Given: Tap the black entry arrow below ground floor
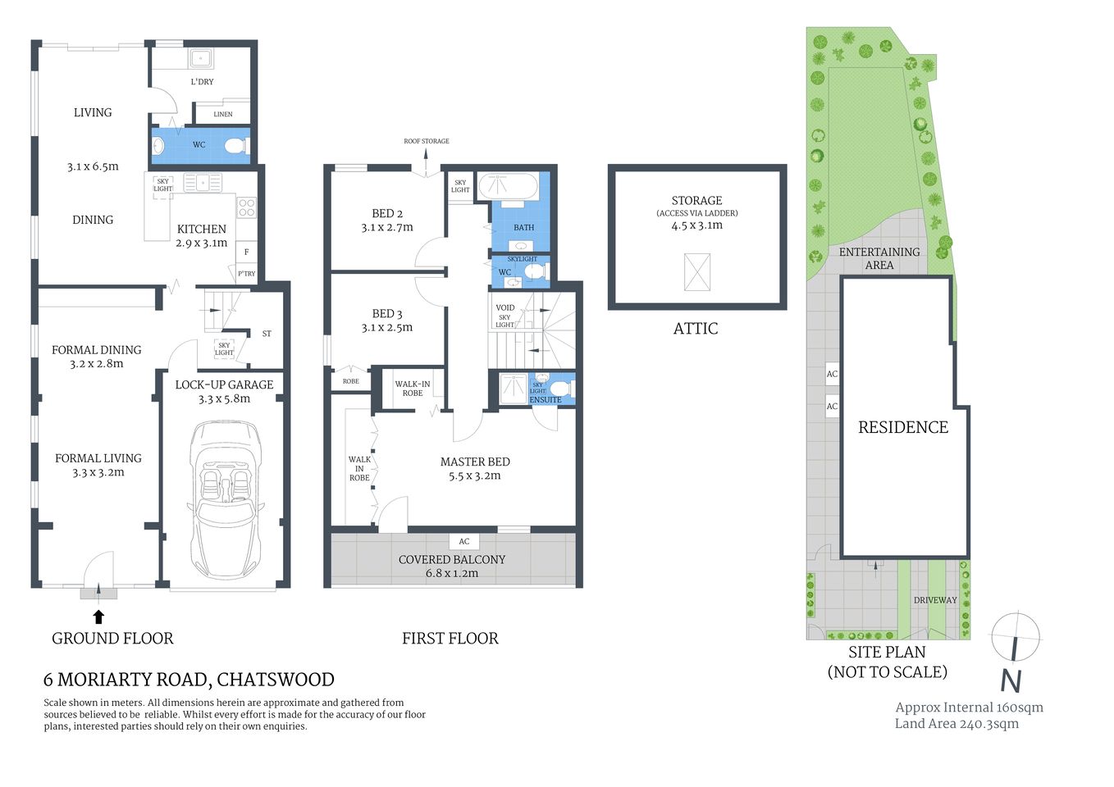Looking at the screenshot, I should (x=98, y=616).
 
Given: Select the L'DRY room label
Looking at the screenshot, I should (x=202, y=82).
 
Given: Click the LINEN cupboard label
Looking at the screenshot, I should (x=223, y=115).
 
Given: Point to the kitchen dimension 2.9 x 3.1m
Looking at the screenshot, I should (x=202, y=243).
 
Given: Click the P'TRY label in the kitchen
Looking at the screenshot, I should (x=246, y=274).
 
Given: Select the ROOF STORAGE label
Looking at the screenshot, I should (x=427, y=141).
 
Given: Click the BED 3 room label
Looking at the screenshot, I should (x=387, y=313).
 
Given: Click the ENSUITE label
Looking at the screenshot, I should (x=546, y=400).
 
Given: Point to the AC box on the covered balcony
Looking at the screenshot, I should (x=464, y=541).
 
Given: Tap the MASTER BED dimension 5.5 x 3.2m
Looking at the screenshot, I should (x=475, y=475).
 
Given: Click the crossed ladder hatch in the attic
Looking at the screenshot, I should (x=696, y=272).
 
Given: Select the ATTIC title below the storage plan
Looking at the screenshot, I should (x=696, y=329).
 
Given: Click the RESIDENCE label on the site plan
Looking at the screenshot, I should (x=903, y=427).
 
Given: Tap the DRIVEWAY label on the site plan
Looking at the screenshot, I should (x=935, y=600).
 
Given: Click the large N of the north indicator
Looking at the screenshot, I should (x=1011, y=680).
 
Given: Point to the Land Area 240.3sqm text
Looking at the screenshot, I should (x=956, y=724).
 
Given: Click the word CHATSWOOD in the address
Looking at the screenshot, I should (x=276, y=680).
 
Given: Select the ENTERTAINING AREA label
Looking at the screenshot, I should (x=879, y=258).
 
